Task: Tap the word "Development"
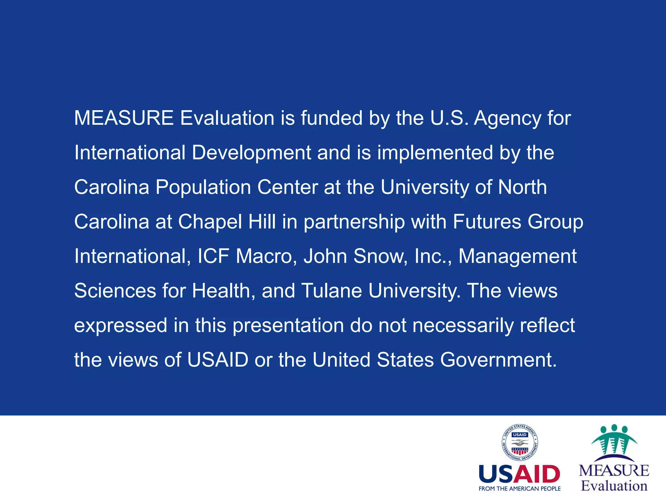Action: pyautogui.click(x=251, y=152)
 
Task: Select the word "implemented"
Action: pyautogui.click(x=435, y=152)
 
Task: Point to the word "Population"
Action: pyautogui.click(x=203, y=187)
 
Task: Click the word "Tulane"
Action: pyautogui.click(x=331, y=291)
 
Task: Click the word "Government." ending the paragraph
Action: pyautogui.click(x=499, y=360)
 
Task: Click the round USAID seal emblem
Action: pyautogui.click(x=520, y=443)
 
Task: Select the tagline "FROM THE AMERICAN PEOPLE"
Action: pyautogui.click(x=519, y=489)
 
